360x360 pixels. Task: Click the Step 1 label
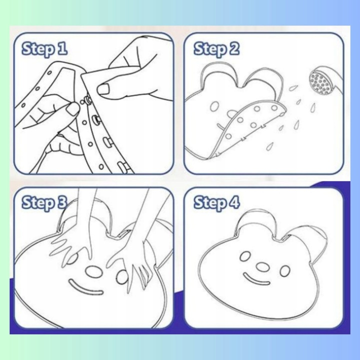pyautogui.click(x=44, y=49)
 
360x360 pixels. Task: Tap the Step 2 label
pyautogui.click(x=216, y=49)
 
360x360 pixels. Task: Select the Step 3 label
pyautogui.click(x=44, y=203)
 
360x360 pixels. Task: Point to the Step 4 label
pyautogui.click(x=216, y=203)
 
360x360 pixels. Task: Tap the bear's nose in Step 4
pyautogui.click(x=262, y=267)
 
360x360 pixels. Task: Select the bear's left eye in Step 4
pyautogui.click(x=245, y=256)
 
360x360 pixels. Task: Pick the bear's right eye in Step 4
pyautogui.click(x=285, y=271)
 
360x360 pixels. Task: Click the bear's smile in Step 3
pyautogui.click(x=85, y=287)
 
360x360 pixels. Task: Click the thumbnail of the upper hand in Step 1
pyautogui.click(x=103, y=89)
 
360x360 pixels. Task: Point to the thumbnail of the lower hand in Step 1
pyautogui.click(x=73, y=109)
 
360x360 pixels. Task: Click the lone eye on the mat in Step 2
pyautogui.click(x=214, y=106)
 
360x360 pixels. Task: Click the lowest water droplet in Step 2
pyautogui.click(x=269, y=146)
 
